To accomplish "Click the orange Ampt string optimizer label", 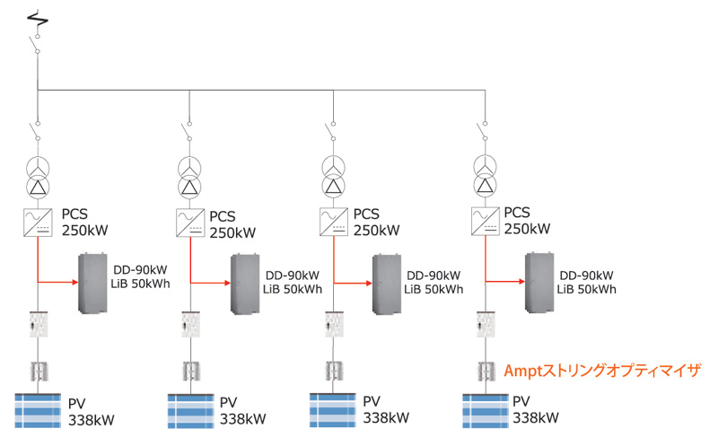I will pyautogui.click(x=600, y=370).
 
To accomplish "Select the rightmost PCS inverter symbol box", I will pyautogui.click(x=484, y=219).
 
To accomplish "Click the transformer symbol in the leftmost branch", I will pyautogui.click(x=38, y=176).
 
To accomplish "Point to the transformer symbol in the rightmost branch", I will pyautogui.click(x=485, y=174).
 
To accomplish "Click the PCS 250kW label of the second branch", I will pyautogui.click(x=232, y=224).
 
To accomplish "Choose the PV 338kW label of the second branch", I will pyautogui.click(x=242, y=410).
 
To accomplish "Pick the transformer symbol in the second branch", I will pyautogui.click(x=188, y=176).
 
